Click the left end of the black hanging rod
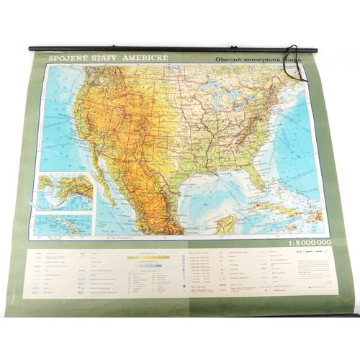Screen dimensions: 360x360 click(x=32, y=49)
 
